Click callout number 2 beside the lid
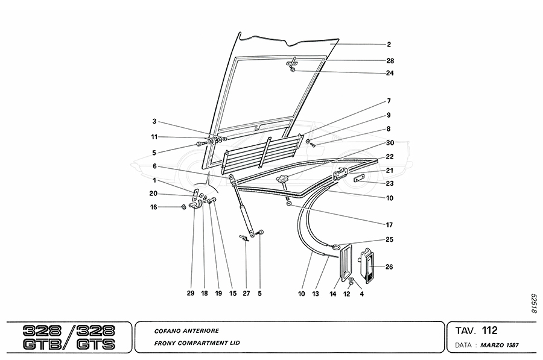tap(389, 44)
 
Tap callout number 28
tap(390, 61)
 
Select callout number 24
tap(390, 74)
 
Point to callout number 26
tap(389, 267)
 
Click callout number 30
tap(390, 143)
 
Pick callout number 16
tap(154, 207)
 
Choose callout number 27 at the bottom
tap(246, 294)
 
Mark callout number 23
tap(390, 183)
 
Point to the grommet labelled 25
tap(334, 245)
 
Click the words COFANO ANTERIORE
tap(178, 331)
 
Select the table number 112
tap(489, 330)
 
